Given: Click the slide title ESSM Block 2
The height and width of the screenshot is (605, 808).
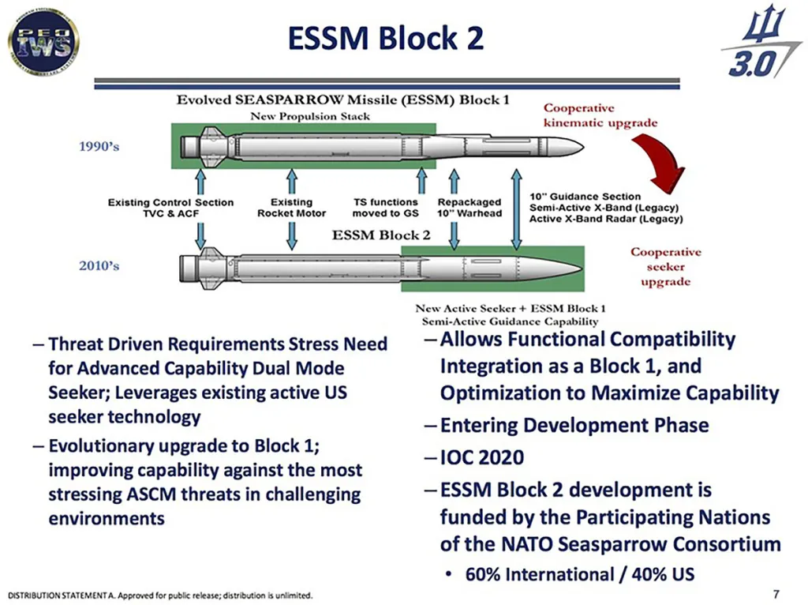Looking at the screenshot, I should pyautogui.click(x=384, y=38).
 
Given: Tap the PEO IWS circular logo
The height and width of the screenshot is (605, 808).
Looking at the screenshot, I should pyautogui.click(x=43, y=38).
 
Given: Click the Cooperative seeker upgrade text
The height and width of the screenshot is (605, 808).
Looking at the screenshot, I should pyautogui.click(x=664, y=267).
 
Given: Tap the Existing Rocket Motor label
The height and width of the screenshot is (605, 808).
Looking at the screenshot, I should pyautogui.click(x=291, y=208).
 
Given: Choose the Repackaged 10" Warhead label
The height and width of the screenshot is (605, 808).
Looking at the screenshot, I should pyautogui.click(x=469, y=208).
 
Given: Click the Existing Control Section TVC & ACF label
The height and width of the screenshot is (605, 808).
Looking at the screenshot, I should pyautogui.click(x=170, y=208).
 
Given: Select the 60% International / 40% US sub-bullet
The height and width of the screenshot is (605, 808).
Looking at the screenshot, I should pyautogui.click(x=579, y=573).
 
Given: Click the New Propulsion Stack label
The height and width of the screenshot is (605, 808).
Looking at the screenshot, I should pyautogui.click(x=310, y=116).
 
